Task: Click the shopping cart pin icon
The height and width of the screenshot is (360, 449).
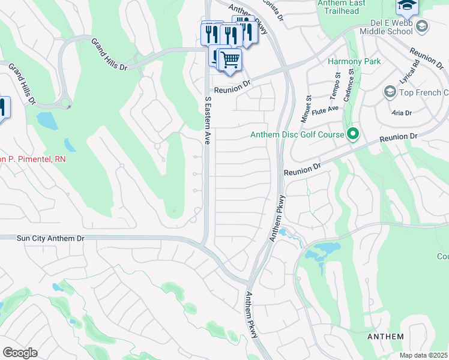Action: point(229,60)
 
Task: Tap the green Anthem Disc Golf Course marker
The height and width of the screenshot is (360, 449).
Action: point(354,134)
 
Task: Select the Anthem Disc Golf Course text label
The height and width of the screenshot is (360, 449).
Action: point(297,135)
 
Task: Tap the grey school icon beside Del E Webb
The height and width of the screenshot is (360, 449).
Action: point(423,26)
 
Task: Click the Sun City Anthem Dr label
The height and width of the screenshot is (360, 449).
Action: point(51,238)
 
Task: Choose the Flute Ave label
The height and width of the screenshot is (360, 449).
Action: point(329,108)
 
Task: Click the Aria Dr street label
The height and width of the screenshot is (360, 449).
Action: point(401,113)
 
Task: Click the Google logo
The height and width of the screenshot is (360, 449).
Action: point(20,352)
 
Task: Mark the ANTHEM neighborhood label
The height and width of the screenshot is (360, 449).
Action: point(385,337)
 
